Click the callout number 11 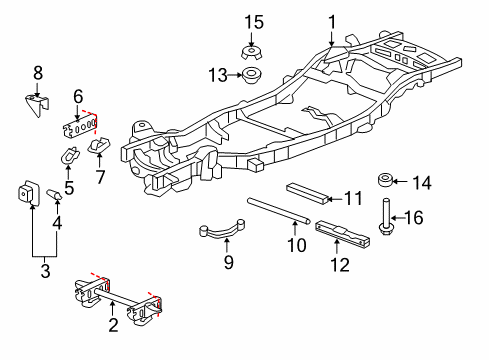tap(353, 198)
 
